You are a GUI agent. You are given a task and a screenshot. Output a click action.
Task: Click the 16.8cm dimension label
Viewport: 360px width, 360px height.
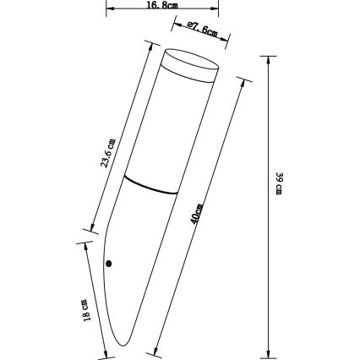[162, 5]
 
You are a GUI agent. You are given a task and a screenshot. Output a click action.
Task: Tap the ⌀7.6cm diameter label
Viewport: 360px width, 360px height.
[204, 32]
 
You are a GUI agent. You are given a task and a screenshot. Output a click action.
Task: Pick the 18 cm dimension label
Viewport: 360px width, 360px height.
[85, 309]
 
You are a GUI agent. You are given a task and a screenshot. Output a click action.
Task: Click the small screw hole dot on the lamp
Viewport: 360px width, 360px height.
[108, 264]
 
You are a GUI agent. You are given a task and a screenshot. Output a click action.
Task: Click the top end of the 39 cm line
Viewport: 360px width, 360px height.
[268, 57]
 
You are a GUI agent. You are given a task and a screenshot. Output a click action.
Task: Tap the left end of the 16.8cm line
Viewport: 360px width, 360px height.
[106, 10]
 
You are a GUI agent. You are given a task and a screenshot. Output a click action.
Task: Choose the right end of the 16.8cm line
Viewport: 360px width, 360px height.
[219, 10]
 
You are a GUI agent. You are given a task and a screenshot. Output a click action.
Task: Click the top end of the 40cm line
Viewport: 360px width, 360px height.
[244, 81]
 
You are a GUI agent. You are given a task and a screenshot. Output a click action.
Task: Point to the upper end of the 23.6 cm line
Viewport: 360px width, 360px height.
[151, 43]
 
